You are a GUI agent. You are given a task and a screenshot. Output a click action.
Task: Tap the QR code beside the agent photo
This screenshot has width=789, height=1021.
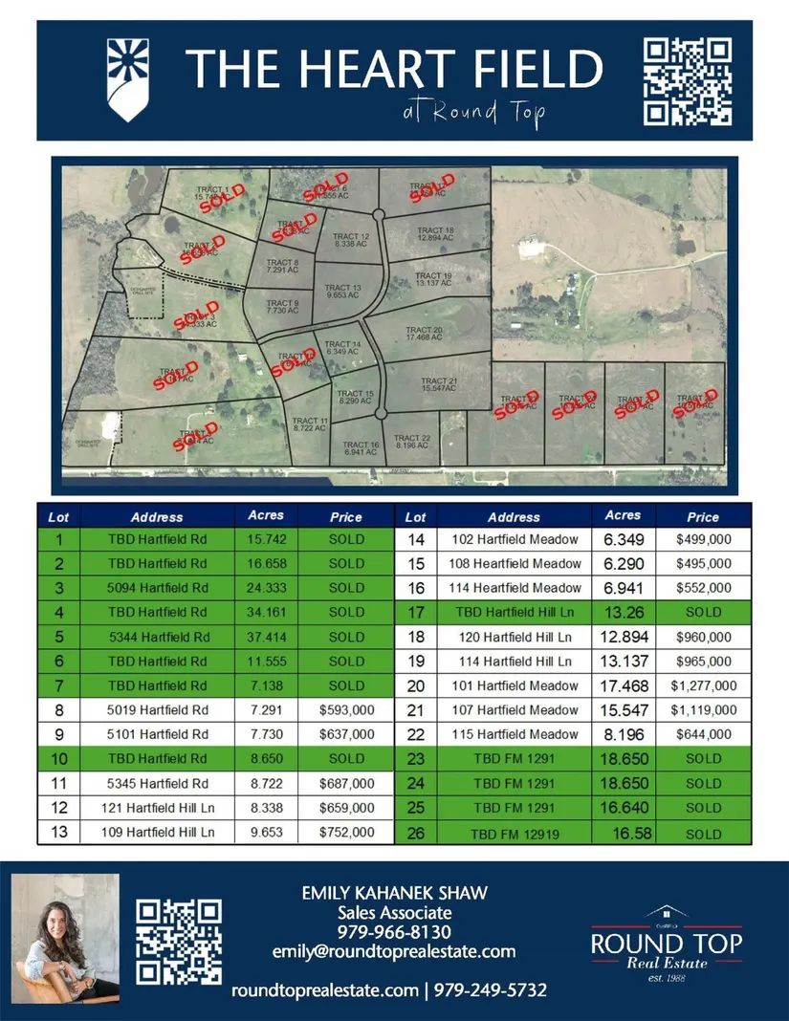point(180,943)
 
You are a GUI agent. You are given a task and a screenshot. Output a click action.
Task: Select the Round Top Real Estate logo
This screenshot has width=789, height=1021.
point(667,943)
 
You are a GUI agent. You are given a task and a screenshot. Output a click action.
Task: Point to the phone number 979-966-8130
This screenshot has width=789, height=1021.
point(394,931)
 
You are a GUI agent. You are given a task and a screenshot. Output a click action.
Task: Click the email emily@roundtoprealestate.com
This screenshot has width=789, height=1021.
point(394,951)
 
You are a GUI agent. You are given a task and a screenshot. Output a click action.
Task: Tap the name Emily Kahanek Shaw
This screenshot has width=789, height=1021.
point(394,893)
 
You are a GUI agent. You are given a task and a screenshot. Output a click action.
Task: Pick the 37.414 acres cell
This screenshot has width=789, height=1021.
point(266,637)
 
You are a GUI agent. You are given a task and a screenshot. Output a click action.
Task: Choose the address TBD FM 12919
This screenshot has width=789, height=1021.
point(514,834)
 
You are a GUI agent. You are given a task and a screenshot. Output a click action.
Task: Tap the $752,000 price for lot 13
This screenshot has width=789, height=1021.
point(346,833)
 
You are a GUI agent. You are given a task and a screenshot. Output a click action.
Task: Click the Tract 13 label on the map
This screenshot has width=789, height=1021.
point(343,292)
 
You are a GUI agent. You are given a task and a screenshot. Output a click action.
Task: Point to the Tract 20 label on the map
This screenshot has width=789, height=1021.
point(424,335)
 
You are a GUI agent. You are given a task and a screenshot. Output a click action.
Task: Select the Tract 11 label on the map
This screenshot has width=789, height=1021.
point(310,425)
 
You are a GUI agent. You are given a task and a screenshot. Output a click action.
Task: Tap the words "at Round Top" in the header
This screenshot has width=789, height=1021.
point(474,113)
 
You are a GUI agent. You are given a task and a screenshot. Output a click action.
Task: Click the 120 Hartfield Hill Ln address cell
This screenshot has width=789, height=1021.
point(514,637)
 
